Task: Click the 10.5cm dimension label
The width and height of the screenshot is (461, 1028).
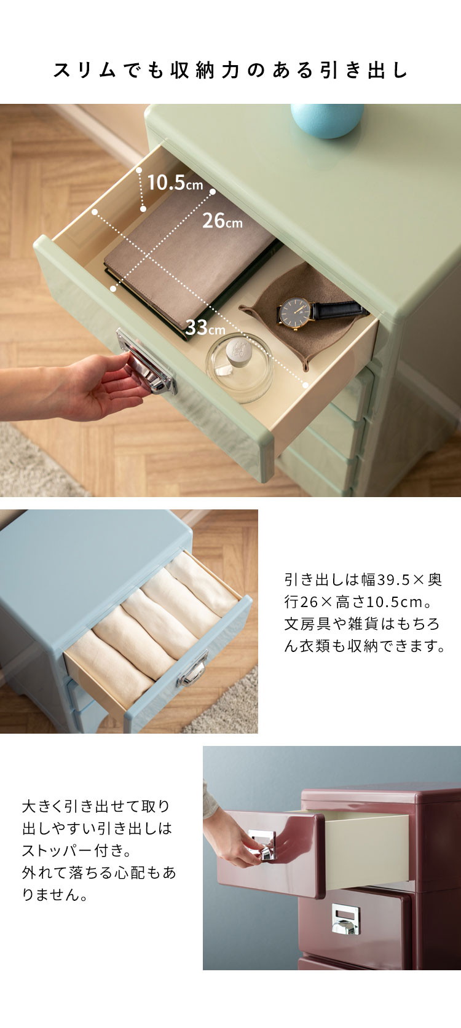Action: (175, 182)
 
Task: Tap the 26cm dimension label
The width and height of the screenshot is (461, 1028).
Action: (223, 221)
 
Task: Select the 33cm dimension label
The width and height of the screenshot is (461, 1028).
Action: (205, 328)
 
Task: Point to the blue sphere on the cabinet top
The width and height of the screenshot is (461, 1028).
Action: (327, 120)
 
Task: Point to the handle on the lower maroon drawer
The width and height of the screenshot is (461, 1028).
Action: (345, 919)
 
